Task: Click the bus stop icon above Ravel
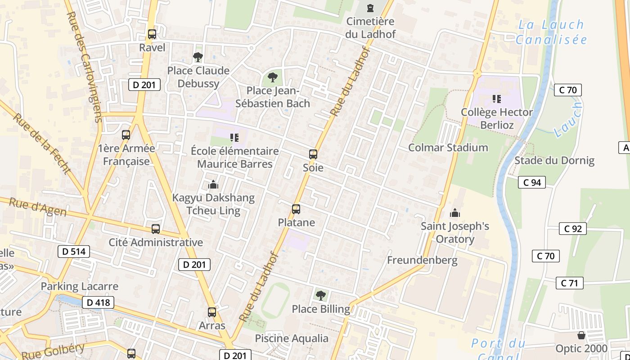[152, 34]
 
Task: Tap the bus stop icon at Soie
[313, 154]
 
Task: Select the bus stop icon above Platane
[296, 209]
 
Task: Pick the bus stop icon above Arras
[212, 312]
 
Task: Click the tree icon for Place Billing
[321, 296]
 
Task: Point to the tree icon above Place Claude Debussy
[198, 57]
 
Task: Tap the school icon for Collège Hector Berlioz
[497, 99]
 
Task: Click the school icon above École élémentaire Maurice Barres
[234, 138]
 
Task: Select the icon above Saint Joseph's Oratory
[455, 213]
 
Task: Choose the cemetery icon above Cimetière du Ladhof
[370, 8]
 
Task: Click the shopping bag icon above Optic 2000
[581, 336]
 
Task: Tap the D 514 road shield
[74, 252]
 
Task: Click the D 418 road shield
[98, 302]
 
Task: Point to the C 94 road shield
[532, 182]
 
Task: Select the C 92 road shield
[573, 229]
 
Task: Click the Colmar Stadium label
[448, 148]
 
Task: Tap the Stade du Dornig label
[554, 161]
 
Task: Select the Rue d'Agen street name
[38, 207]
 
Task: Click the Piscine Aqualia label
[292, 338]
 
